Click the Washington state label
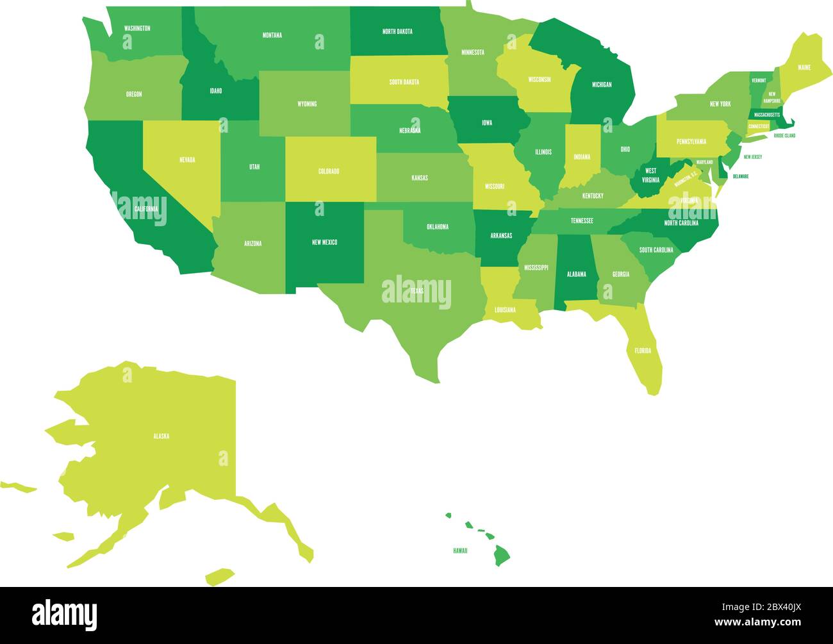(137, 28)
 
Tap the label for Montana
(272, 35)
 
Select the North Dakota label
(397, 31)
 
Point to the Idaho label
(216, 91)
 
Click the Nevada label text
(187, 160)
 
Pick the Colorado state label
(329, 171)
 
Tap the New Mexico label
(324, 242)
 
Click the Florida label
(643, 351)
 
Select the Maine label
(804, 67)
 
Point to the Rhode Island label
(784, 136)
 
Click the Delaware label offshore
(741, 176)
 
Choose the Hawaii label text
(460, 550)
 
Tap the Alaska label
(161, 436)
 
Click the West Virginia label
(650, 176)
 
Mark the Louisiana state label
(505, 310)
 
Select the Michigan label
(601, 85)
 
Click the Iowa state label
(487, 122)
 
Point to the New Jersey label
(752, 156)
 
